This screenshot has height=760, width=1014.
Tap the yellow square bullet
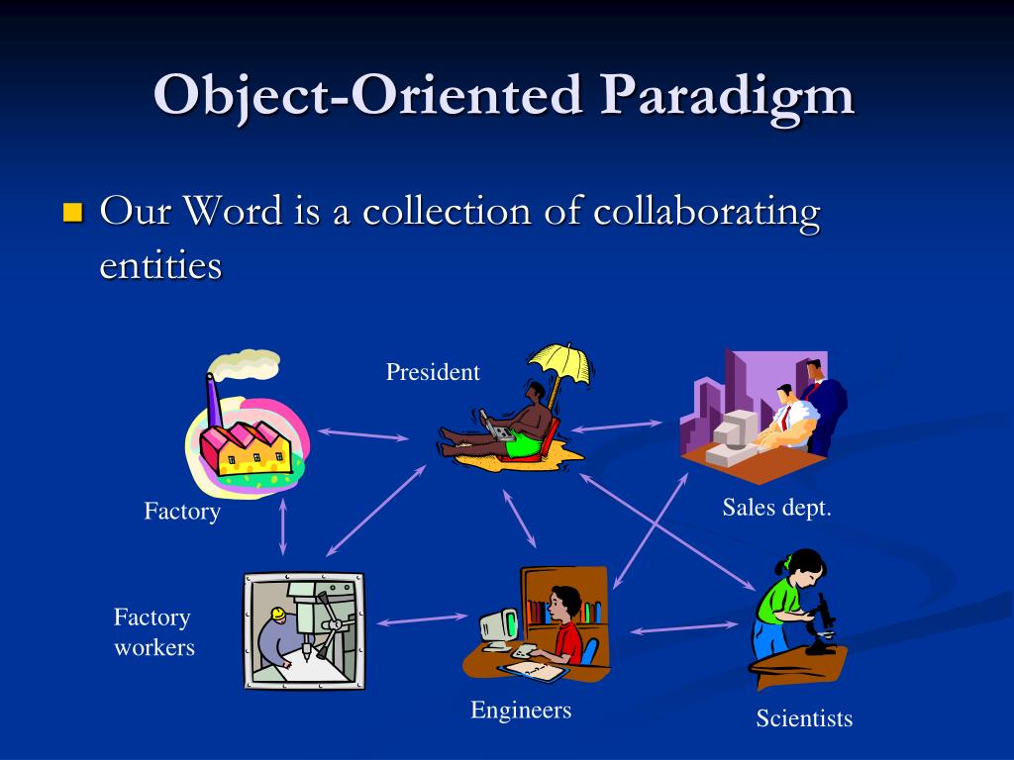pos(71,213)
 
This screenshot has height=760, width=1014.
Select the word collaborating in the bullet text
pos(707,213)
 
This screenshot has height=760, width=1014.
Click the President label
pos(433,372)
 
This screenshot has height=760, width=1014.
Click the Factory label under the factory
pos(182,512)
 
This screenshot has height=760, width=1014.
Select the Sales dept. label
pos(776,508)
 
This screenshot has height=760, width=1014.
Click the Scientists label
pos(804,718)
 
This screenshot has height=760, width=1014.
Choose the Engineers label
pos(521,710)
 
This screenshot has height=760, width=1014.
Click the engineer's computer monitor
pos(498,626)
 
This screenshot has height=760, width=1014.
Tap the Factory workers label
pos(153,632)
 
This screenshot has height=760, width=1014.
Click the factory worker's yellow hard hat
pos(278,615)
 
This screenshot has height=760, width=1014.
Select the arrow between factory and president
pos(362,433)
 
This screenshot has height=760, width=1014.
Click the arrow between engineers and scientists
pos(684,627)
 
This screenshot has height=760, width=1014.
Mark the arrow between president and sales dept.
pos(618,425)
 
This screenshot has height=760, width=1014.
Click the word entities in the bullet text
pos(160,265)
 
